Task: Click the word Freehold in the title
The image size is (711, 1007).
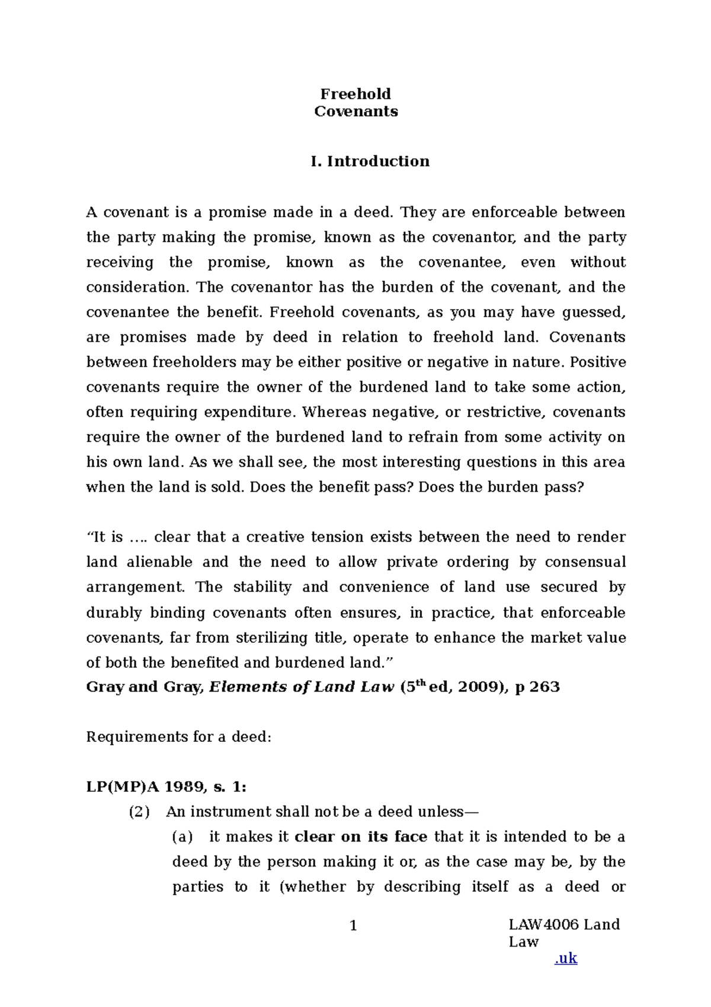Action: click(x=355, y=94)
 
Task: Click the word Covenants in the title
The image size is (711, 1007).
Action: click(x=355, y=111)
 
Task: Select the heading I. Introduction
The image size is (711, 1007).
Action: click(x=370, y=161)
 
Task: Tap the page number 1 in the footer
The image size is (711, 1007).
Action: click(x=354, y=926)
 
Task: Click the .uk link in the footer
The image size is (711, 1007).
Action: click(x=566, y=959)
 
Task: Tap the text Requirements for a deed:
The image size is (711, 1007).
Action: click(x=178, y=737)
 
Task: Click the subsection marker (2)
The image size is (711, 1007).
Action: click(x=139, y=812)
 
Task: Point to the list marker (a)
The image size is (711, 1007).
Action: click(x=182, y=837)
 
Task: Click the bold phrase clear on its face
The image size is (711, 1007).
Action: click(x=360, y=837)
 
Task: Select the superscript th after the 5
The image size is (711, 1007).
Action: click(x=420, y=683)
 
